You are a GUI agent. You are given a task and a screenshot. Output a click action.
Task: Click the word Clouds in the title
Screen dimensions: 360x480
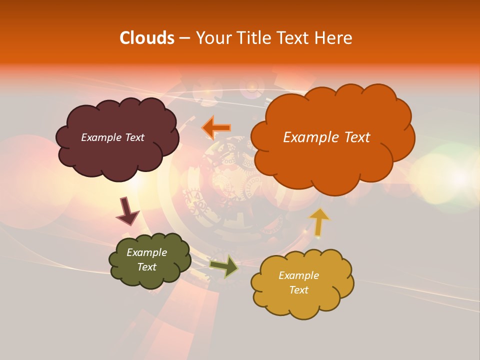point(146,38)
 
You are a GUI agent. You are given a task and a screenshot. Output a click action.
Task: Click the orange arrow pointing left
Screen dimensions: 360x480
point(216,128)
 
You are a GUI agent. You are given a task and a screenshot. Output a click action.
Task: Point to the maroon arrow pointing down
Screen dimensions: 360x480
point(127,211)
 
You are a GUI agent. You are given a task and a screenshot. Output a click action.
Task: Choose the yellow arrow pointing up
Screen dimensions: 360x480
point(319,221)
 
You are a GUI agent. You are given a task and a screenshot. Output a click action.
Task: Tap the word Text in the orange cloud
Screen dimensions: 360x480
point(352,137)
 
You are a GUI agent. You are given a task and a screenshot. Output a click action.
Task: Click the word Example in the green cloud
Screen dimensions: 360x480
point(146,252)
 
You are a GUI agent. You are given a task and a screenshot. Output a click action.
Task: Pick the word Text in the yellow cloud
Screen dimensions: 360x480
point(298,290)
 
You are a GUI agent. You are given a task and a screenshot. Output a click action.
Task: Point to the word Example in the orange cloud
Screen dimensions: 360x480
point(306,137)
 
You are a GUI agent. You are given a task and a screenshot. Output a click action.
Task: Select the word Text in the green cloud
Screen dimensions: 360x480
point(146,267)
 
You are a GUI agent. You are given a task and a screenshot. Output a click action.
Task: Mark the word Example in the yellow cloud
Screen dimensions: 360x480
point(298,275)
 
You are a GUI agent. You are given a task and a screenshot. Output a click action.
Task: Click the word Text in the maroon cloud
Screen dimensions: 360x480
point(133,137)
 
